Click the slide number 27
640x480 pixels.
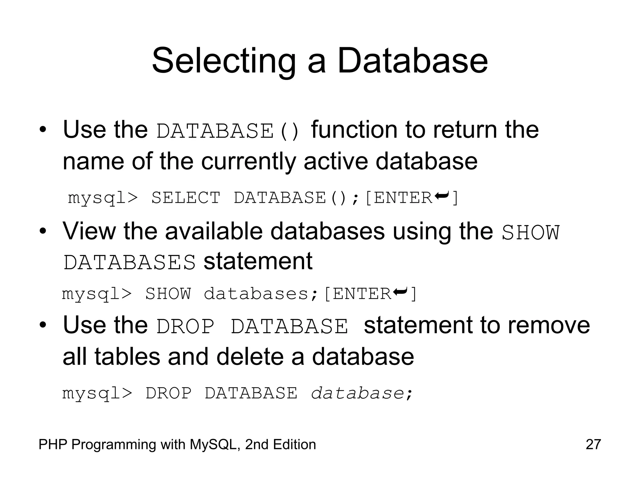[593, 444]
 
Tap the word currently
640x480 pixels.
[248, 162]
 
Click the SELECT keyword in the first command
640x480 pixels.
[186, 198]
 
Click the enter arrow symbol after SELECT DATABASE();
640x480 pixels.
[442, 196]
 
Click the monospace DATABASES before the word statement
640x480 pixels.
[130, 262]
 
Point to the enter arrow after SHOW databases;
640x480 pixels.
[400, 292]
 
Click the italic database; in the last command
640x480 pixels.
[362, 393]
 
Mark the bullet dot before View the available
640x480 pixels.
[43, 232]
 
